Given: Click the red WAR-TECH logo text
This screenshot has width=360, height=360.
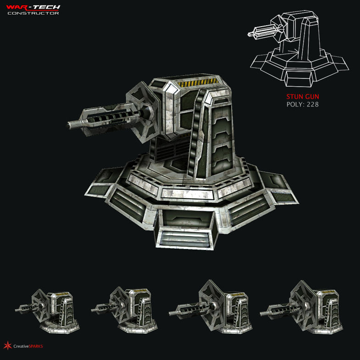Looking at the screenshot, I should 33,7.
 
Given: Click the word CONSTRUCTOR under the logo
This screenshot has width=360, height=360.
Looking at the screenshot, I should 33,13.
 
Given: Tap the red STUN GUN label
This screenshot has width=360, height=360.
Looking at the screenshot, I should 303,97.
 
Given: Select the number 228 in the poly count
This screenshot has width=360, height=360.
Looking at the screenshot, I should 312,105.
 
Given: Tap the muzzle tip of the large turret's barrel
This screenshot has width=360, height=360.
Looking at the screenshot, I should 71,124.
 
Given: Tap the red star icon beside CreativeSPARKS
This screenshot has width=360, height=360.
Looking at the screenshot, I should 6,345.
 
